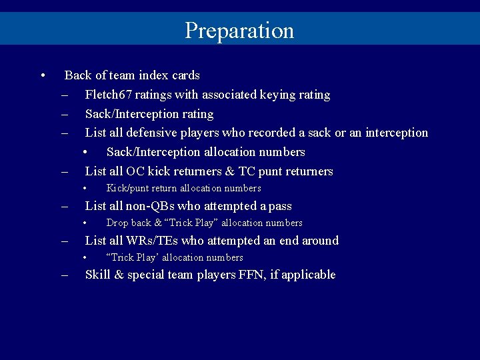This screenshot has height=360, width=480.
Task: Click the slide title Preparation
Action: click(x=239, y=31)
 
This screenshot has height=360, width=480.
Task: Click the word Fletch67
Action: click(x=108, y=95)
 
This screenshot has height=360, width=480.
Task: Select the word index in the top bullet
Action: click(x=152, y=75)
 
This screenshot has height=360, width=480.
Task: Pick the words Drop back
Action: click(x=129, y=223)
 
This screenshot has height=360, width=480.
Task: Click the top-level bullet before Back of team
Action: click(x=43, y=75)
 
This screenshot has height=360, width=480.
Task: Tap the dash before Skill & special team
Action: click(x=65, y=275)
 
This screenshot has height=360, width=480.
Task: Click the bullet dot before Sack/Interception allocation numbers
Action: click(x=86, y=152)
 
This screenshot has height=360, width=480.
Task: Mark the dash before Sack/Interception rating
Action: click(x=65, y=114)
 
